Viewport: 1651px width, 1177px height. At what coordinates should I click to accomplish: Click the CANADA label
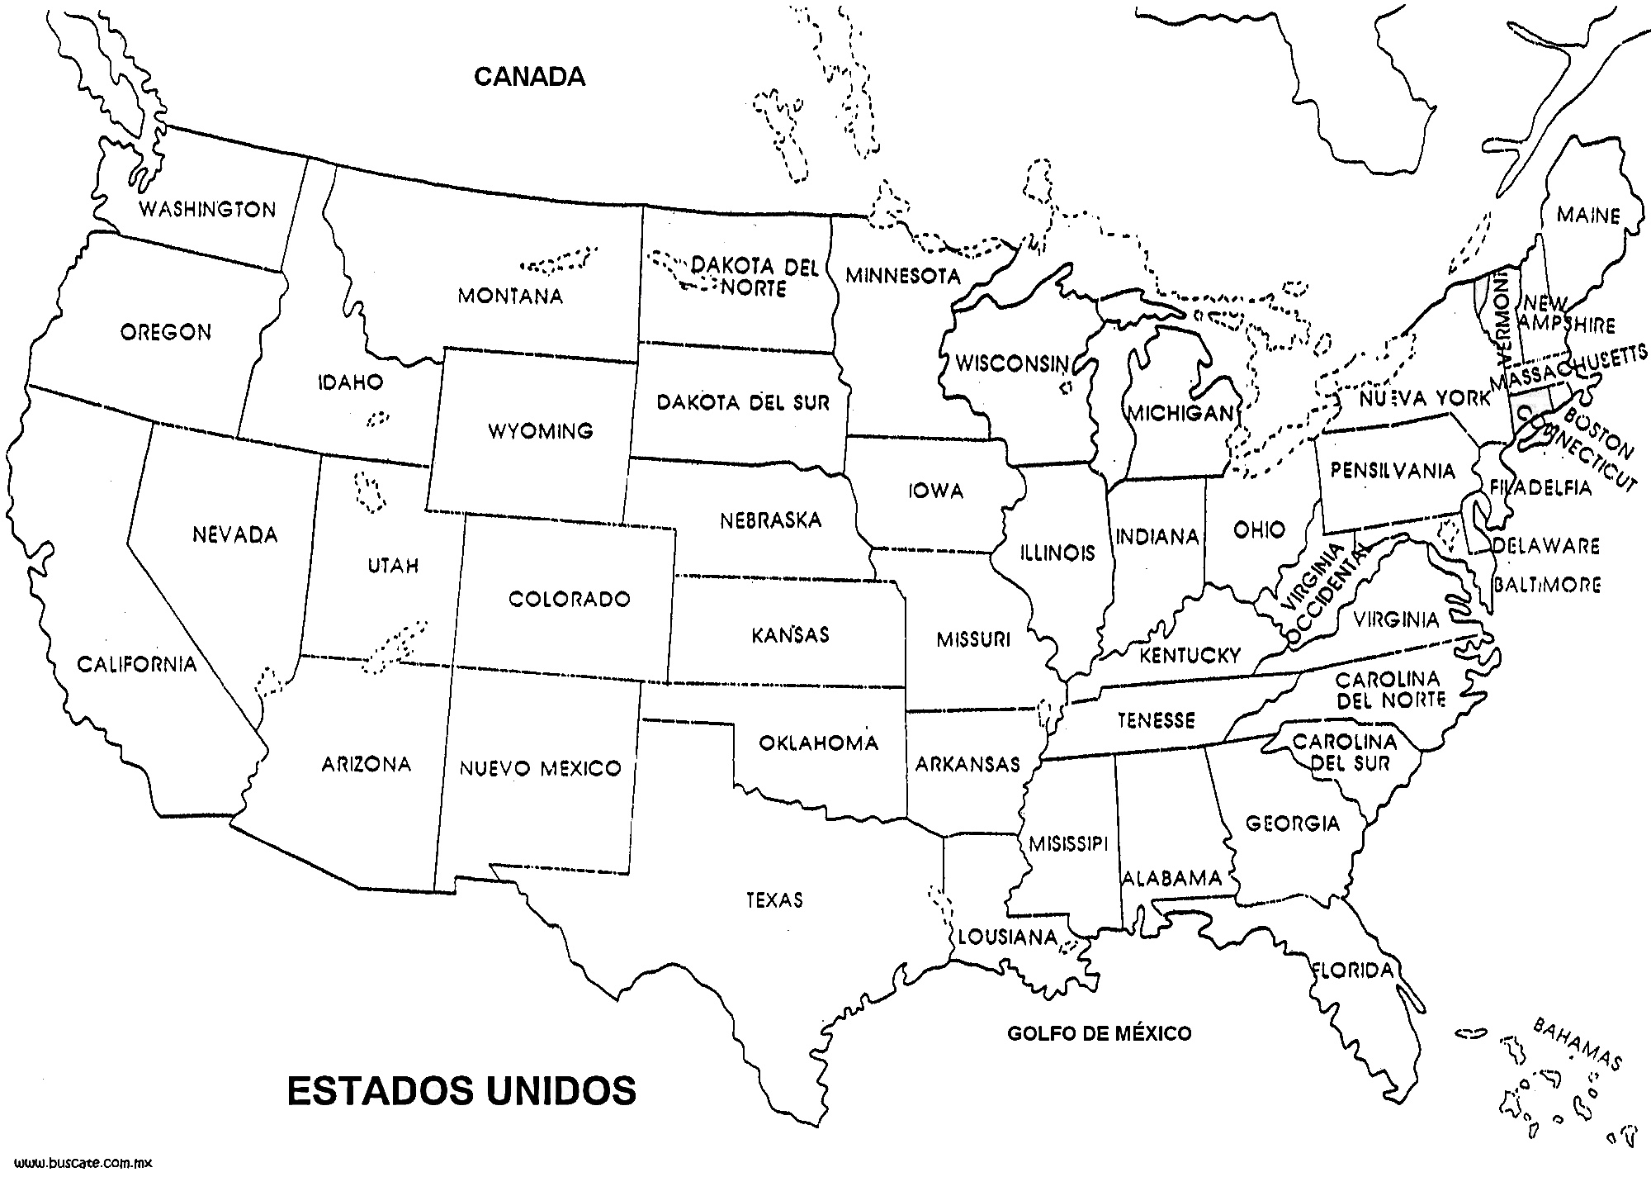(x=529, y=77)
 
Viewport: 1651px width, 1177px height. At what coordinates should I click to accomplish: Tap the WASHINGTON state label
(x=207, y=209)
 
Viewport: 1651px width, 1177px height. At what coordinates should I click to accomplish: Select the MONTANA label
(x=510, y=296)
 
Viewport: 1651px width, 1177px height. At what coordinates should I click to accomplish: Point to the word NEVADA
(x=235, y=535)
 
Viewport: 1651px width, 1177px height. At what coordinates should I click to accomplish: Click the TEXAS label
(x=774, y=899)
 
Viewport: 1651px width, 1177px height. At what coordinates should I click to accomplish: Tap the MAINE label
(x=1588, y=216)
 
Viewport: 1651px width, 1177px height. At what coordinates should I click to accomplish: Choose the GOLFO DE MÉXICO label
(x=1099, y=1032)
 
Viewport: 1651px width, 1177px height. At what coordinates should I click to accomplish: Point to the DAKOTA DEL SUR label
(x=743, y=403)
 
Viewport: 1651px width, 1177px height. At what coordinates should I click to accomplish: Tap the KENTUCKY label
(x=1190, y=656)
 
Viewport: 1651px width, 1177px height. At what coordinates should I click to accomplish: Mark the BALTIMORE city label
(x=1547, y=585)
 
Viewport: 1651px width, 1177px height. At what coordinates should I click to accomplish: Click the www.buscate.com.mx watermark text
(x=78, y=1163)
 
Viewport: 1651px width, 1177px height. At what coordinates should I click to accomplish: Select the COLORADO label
(x=569, y=599)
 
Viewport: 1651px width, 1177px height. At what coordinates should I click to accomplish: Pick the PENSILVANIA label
(x=1392, y=471)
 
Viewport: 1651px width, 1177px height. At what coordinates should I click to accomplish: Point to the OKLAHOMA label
(x=818, y=743)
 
